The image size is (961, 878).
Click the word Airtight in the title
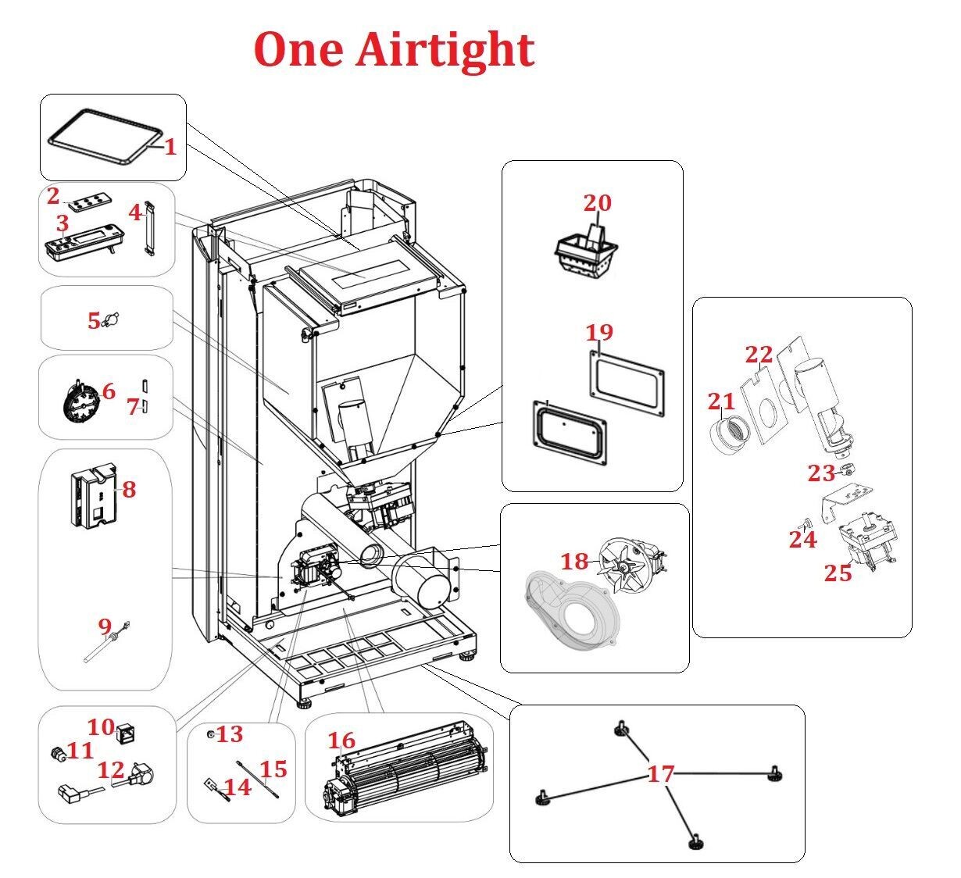(x=445, y=50)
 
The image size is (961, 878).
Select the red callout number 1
(x=170, y=147)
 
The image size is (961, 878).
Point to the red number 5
(x=94, y=320)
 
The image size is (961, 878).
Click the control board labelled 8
(x=95, y=496)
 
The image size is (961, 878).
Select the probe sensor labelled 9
(x=106, y=642)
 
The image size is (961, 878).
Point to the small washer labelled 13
(x=210, y=734)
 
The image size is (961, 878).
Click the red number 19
(x=599, y=333)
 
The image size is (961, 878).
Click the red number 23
(x=821, y=473)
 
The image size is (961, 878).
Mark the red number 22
(x=759, y=355)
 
